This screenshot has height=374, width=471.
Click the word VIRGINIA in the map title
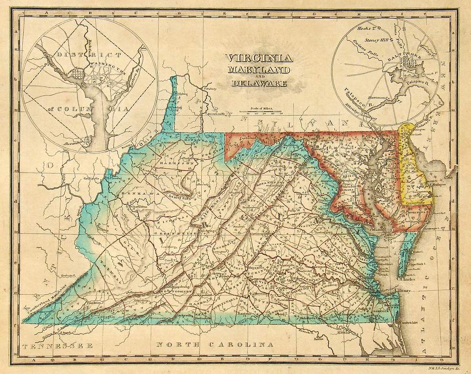pos(259,59)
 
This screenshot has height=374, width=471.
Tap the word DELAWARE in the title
pos(259,84)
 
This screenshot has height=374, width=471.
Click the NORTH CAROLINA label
pos(215,344)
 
